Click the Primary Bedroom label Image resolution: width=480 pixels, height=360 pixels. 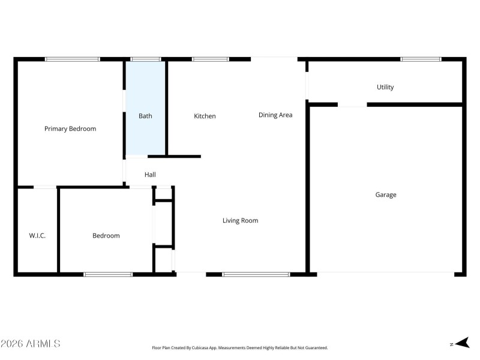click(x=70, y=129)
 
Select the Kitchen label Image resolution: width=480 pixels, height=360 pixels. click(x=205, y=116)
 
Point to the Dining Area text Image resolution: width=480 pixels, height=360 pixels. click(x=275, y=115)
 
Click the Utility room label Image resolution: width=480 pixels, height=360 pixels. click(x=385, y=88)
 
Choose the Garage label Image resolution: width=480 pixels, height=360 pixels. click(x=386, y=195)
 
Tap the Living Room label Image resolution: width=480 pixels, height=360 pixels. click(x=240, y=221)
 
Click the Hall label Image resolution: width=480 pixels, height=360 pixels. click(x=150, y=175)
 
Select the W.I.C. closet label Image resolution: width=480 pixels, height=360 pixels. click(x=37, y=236)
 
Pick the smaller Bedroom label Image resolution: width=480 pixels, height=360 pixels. click(x=106, y=236)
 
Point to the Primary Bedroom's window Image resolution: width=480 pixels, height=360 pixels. click(x=73, y=59)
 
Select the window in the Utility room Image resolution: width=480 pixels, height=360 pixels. click(x=421, y=59)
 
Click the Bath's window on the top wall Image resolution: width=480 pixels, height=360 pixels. click(x=146, y=59)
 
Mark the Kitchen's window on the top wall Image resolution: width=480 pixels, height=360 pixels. click(x=210, y=59)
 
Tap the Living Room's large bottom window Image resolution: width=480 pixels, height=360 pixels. click(x=256, y=274)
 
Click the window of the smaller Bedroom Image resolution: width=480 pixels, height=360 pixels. click(x=108, y=274)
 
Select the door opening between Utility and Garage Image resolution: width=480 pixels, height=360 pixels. click(x=352, y=105)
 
